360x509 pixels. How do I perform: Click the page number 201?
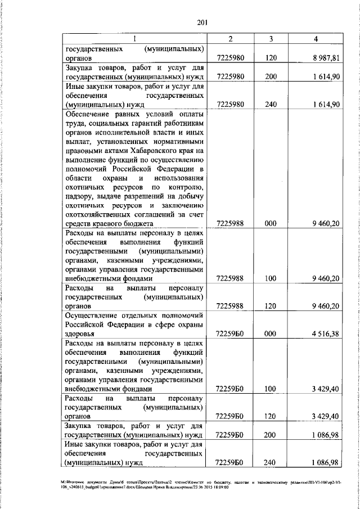click(203, 22)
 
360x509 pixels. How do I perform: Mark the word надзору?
click(81, 196)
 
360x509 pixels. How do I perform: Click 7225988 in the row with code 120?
click(229, 306)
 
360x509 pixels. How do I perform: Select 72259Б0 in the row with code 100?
click(229, 389)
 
